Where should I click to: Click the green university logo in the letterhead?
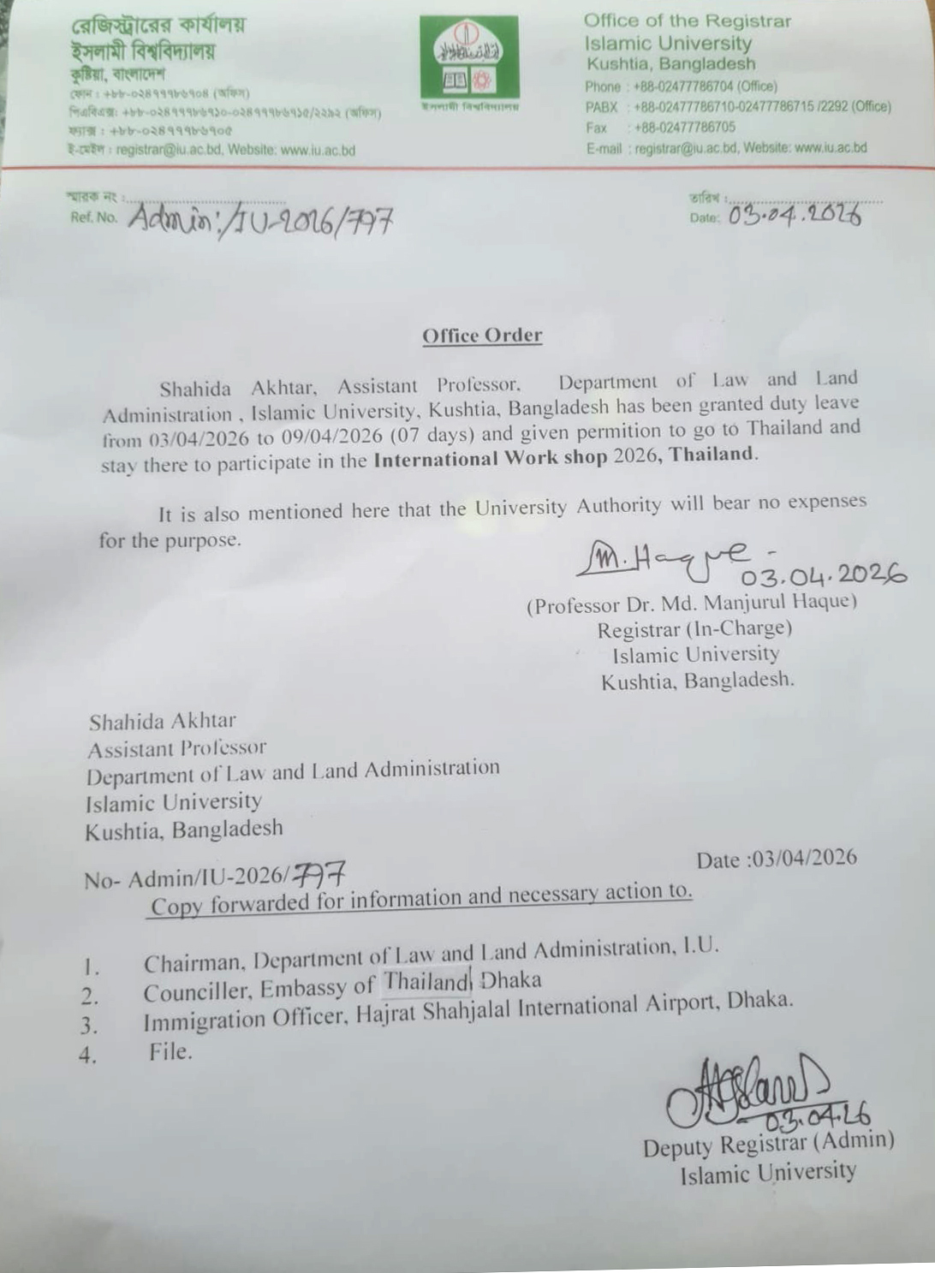pos(468,58)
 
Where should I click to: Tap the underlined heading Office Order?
pos(482,336)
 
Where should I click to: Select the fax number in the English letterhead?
pos(684,128)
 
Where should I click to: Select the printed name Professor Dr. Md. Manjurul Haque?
pos(691,604)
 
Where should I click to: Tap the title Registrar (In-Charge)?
pos(694,629)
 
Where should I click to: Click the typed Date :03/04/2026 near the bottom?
pos(776,859)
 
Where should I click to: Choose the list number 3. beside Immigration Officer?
pos(89,1026)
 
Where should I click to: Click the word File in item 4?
pos(170,1051)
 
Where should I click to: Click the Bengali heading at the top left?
pos(158,26)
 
